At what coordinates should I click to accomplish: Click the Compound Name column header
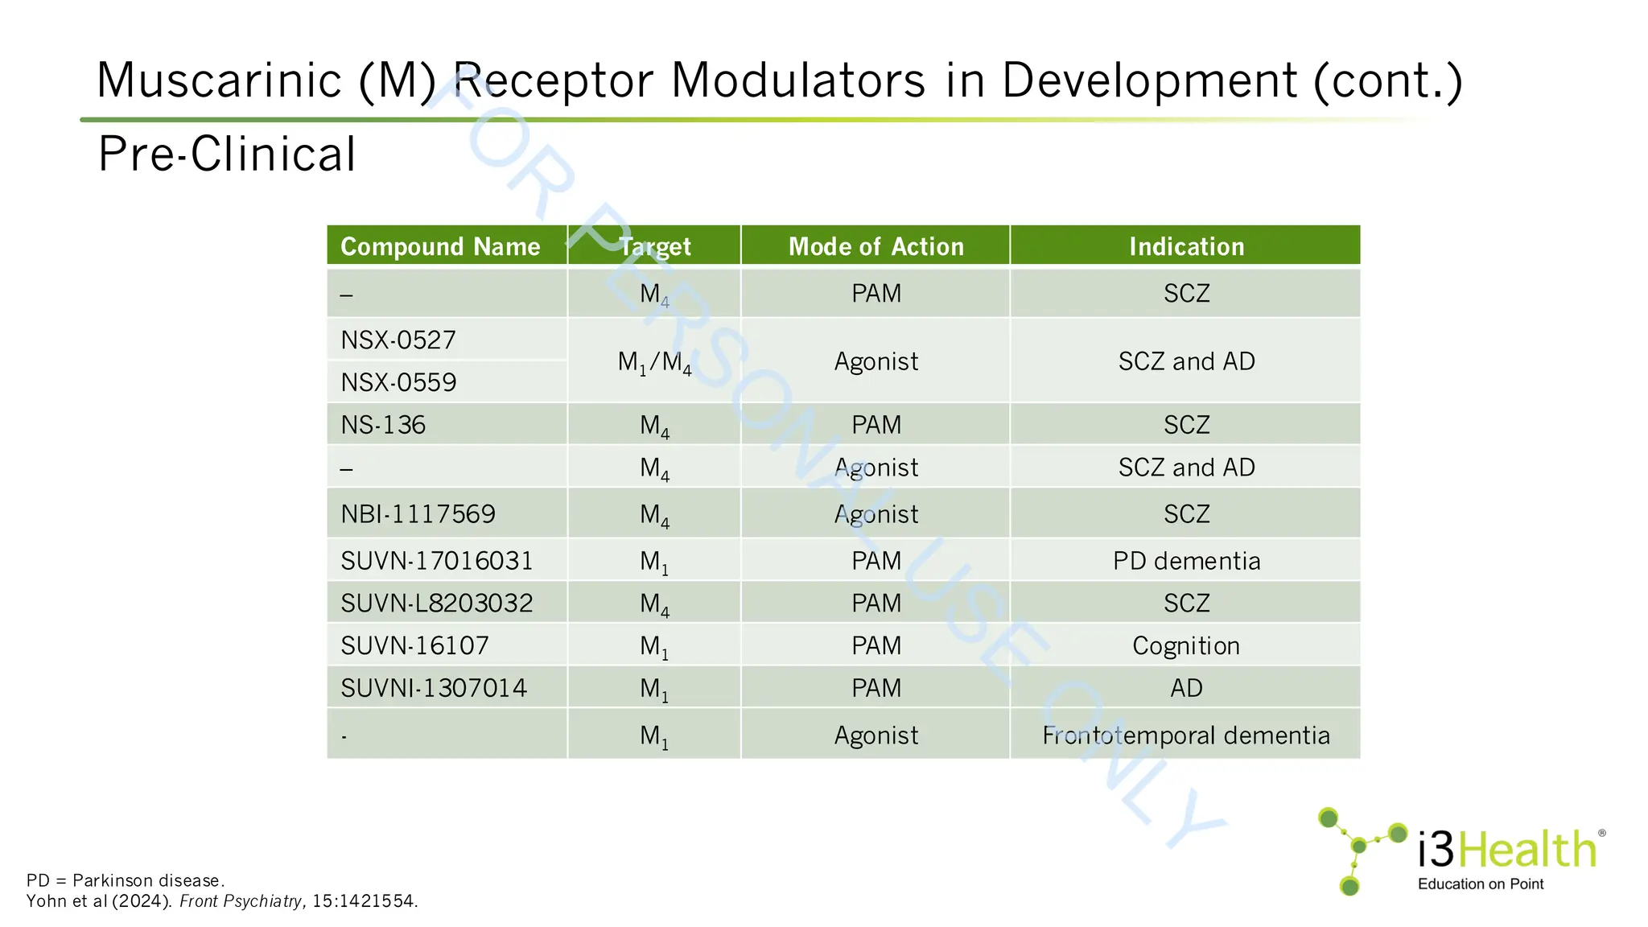pyautogui.click(x=440, y=246)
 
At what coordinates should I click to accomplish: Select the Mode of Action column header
pyautogui.click(x=875, y=246)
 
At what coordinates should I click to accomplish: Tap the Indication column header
pyautogui.click(x=1186, y=246)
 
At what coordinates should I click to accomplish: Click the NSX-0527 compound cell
pyautogui.click(x=398, y=340)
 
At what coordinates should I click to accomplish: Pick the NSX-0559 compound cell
pyautogui.click(x=398, y=382)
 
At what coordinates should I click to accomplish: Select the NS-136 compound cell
pyautogui.click(x=383, y=425)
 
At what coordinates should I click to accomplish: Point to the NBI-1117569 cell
pyautogui.click(x=418, y=514)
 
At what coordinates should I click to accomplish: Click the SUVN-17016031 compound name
pyautogui.click(x=437, y=561)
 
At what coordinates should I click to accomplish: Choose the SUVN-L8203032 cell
pyautogui.click(x=437, y=604)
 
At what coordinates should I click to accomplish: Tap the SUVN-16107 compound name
pyautogui.click(x=414, y=646)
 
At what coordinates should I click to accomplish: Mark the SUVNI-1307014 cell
pyautogui.click(x=434, y=689)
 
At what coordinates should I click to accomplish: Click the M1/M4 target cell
pyautogui.click(x=654, y=362)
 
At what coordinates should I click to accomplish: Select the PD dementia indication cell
pyautogui.click(x=1186, y=561)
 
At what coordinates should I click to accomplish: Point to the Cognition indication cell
pyautogui.click(x=1186, y=646)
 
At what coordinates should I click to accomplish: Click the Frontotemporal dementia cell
pyautogui.click(x=1186, y=735)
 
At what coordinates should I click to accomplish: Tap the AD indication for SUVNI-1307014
pyautogui.click(x=1186, y=689)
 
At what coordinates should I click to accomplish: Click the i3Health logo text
pyautogui.click(x=1506, y=850)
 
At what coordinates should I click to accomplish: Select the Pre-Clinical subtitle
pyautogui.click(x=227, y=154)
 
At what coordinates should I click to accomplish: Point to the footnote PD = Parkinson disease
pyautogui.click(x=126, y=880)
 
